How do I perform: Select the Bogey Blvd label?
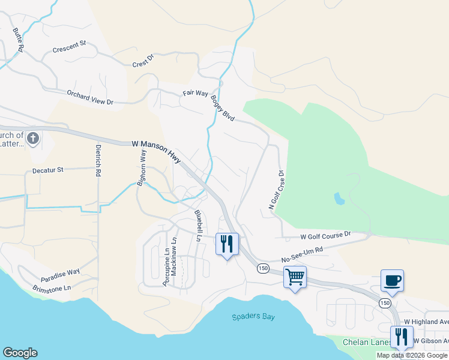tap(223, 109)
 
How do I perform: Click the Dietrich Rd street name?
tap(98, 161)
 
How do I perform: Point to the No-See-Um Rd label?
tap(302, 254)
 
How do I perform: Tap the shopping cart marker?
tap(295, 277)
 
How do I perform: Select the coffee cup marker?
tap(392, 280)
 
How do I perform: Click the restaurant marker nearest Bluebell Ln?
tap(227, 244)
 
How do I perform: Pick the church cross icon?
tap(32, 139)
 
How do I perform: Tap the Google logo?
tap(20, 353)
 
